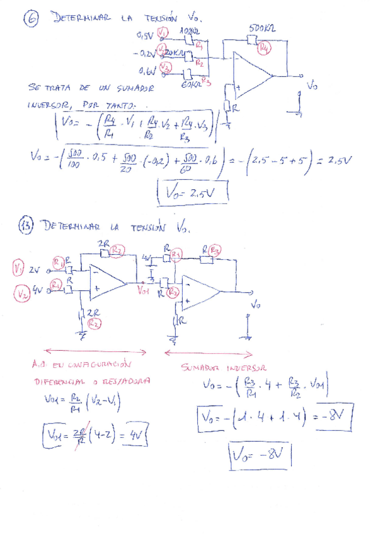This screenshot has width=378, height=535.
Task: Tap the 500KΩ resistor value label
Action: tap(261, 29)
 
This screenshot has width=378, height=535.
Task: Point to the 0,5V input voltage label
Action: tap(145, 35)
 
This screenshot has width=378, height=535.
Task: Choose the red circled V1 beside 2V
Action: tap(18, 269)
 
